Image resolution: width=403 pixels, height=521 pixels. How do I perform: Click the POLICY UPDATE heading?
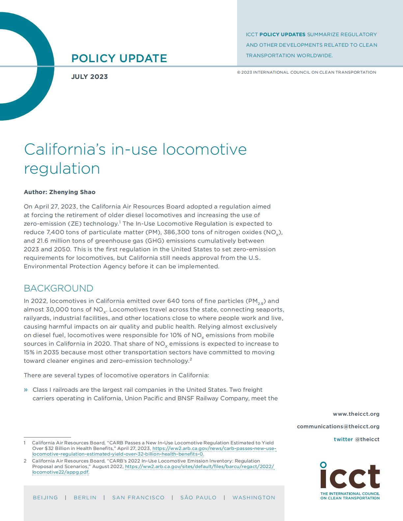[119, 59]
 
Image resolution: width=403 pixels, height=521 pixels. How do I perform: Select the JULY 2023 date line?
[90, 77]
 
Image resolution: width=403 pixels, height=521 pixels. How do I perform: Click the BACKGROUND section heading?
[58, 288]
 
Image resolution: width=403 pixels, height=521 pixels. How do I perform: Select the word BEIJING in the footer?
[45, 498]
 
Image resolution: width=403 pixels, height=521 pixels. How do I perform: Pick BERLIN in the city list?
[85, 498]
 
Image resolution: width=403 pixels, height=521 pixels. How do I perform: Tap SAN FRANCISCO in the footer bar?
[138, 498]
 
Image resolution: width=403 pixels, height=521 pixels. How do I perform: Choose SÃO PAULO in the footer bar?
[199, 498]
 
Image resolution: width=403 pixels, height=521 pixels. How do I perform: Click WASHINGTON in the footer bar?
[254, 498]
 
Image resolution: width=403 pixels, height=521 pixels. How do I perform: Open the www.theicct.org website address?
[356, 414]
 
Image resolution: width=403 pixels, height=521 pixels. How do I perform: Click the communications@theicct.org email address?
[338, 426]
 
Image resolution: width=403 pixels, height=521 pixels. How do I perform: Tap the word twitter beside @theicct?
[343, 439]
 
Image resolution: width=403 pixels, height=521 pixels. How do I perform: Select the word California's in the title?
[65, 149]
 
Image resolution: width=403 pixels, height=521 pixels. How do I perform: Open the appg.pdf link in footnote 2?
[200, 466]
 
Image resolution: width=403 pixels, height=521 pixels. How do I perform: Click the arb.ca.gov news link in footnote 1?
[214, 448]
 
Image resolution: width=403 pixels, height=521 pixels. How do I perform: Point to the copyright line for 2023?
[307, 72]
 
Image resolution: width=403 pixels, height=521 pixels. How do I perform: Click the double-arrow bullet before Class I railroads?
[26, 390]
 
